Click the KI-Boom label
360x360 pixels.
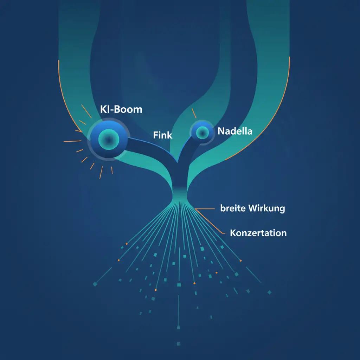121,109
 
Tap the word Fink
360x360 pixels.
163,135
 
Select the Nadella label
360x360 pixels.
235,131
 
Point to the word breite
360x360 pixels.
233,208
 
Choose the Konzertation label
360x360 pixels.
258,233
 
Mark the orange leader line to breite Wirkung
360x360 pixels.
206,209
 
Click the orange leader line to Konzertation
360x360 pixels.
211,221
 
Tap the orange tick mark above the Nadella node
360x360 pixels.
193,113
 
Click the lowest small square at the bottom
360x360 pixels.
178,344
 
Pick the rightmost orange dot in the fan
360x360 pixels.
241,261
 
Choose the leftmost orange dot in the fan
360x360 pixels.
118,260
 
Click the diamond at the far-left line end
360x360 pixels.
95,284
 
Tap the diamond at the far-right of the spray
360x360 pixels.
270,292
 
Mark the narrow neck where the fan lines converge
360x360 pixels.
180,200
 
